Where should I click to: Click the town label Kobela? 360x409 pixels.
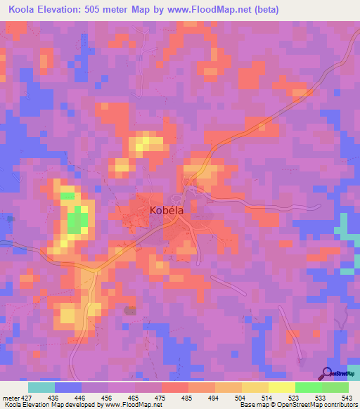point(168,209)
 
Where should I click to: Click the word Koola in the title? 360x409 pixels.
point(23,10)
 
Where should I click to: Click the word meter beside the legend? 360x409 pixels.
point(11,398)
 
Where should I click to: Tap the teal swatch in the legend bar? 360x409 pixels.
point(41,387)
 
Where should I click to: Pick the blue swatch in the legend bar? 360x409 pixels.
point(68,387)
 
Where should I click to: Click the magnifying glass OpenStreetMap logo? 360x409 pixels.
point(326,373)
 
